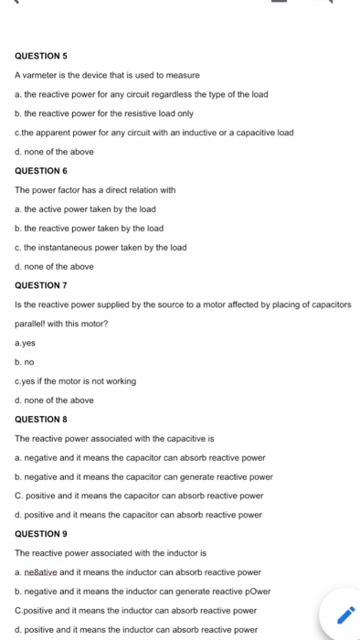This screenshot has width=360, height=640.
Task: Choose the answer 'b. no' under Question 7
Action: [26, 362]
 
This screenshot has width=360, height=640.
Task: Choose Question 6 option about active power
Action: [89, 208]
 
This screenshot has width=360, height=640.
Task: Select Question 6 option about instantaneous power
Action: [101, 247]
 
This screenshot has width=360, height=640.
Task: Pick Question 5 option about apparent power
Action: [154, 132]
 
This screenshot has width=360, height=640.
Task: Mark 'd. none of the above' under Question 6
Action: [55, 266]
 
